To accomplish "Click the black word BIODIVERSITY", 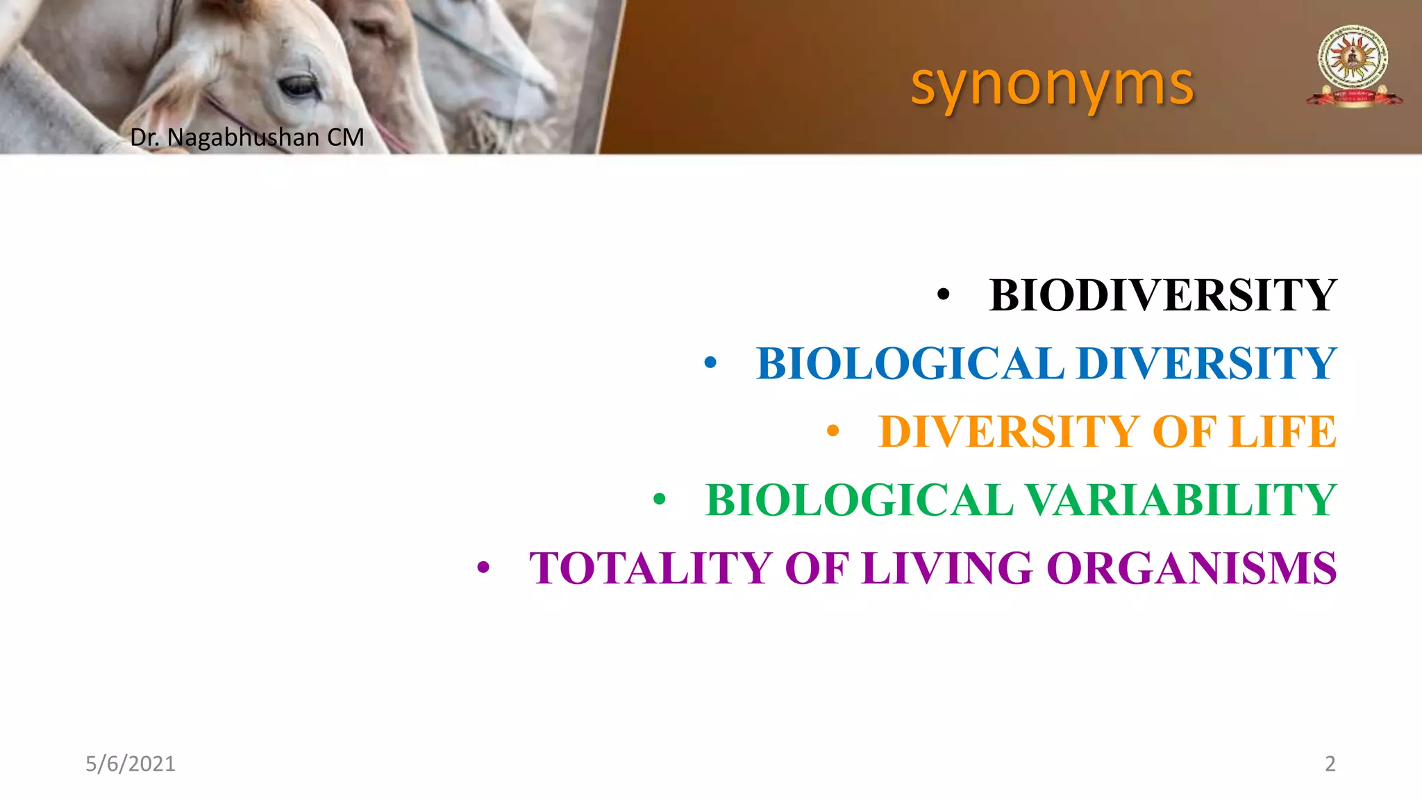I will pyautogui.click(x=1163, y=295).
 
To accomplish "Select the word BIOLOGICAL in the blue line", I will pyautogui.click(x=910, y=363).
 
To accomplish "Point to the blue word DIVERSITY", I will pyautogui.click(x=1206, y=363).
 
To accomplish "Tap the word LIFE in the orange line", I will pyautogui.click(x=1282, y=431).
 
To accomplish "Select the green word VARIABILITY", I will pyautogui.click(x=1180, y=499).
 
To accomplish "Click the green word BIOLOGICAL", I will pyautogui.click(x=860, y=499).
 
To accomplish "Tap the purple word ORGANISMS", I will pyautogui.click(x=1191, y=568).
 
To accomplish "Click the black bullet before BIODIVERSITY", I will pyautogui.click(x=942, y=295).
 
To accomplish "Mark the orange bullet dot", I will pyautogui.click(x=833, y=432).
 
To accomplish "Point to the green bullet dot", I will pyautogui.click(x=659, y=499).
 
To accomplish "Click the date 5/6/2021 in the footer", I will pyautogui.click(x=131, y=763).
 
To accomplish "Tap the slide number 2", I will pyautogui.click(x=1330, y=763).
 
